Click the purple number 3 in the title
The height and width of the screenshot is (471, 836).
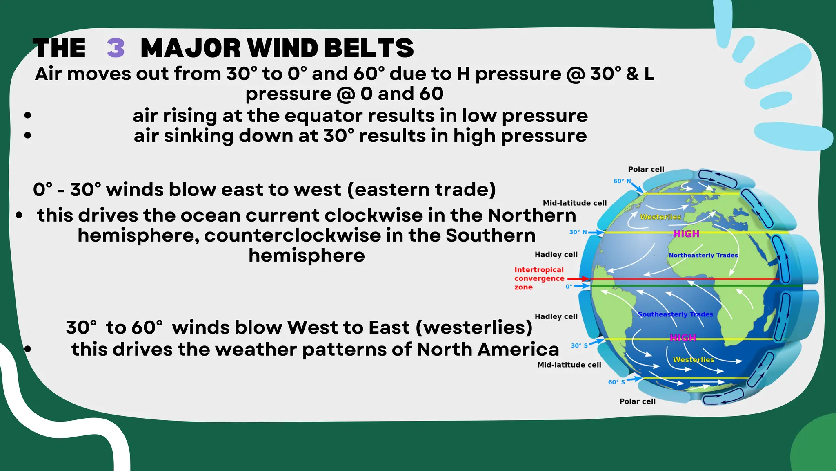click(x=116, y=48)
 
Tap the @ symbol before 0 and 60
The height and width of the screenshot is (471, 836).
click(x=346, y=94)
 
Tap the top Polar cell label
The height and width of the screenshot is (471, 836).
click(x=646, y=169)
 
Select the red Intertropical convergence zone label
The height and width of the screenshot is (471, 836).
click(x=539, y=278)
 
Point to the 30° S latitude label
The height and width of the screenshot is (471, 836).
click(x=579, y=345)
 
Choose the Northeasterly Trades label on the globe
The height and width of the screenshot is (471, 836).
click(x=703, y=255)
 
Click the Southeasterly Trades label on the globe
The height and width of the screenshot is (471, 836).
click(x=675, y=314)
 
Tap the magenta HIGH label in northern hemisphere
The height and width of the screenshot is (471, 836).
click(x=686, y=234)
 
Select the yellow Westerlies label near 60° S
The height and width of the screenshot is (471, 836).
click(x=693, y=360)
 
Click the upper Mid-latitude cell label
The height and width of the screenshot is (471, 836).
click(x=574, y=203)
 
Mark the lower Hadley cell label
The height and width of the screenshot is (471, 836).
click(x=556, y=316)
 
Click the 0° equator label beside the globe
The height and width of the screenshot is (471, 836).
click(x=569, y=287)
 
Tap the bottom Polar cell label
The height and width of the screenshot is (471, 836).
click(x=637, y=401)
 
